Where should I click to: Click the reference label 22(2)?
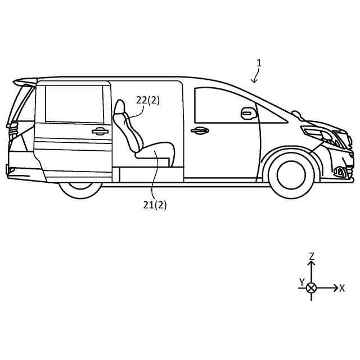coord(148,100)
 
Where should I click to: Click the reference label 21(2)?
coord(155,205)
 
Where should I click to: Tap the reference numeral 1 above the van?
coord(259,63)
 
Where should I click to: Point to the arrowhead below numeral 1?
coord(255,81)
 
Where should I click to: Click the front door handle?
coord(199,131)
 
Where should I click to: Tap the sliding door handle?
coord(100,131)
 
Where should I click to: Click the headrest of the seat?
coord(120,106)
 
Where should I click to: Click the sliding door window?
coord(73,104)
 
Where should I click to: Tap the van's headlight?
coord(319,134)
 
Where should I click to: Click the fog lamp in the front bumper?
coord(340,172)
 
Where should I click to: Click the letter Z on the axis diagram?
coord(312,256)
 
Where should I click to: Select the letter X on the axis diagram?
coord(342,288)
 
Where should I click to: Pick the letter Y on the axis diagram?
coord(301,281)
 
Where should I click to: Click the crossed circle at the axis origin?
coord(311,287)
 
